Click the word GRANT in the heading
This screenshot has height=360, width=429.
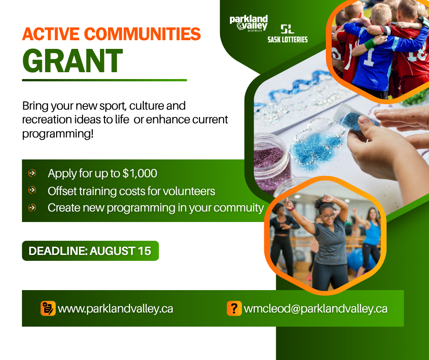(73, 61)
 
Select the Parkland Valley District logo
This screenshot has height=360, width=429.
(248, 23)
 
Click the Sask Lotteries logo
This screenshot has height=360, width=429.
(288, 34)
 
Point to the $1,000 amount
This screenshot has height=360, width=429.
(140, 174)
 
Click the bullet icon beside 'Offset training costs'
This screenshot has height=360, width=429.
(32, 190)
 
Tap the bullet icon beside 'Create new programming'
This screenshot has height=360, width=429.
(32, 208)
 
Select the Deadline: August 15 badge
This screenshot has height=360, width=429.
(90, 251)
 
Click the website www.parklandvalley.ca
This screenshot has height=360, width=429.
(115, 309)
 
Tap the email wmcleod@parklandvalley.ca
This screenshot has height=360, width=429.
(315, 309)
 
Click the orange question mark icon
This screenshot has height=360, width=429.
(234, 308)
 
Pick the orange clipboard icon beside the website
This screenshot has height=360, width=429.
(48, 308)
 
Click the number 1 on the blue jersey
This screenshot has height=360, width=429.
(369, 57)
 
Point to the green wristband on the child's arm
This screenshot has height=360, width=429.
(370, 43)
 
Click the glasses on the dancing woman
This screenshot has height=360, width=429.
(328, 216)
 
